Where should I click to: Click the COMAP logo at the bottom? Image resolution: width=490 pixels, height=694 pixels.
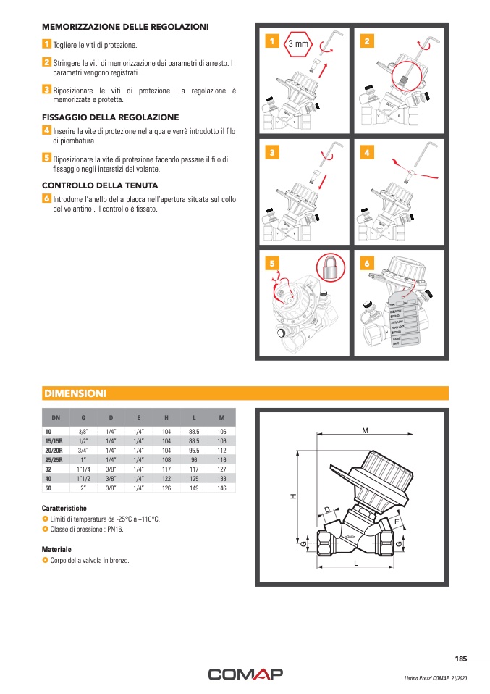click(x=245, y=674)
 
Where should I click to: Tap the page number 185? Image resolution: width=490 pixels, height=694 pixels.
click(x=461, y=659)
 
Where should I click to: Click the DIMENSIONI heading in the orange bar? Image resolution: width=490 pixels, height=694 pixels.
click(x=75, y=393)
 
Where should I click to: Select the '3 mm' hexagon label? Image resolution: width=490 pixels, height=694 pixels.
click(x=298, y=44)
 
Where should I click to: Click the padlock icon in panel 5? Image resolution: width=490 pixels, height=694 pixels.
click(x=330, y=269)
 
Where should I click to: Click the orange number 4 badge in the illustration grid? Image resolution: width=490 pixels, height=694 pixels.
click(x=367, y=154)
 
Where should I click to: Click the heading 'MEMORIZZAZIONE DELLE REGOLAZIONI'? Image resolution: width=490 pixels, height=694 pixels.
click(x=125, y=27)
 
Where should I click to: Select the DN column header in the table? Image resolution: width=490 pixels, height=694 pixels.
click(x=56, y=418)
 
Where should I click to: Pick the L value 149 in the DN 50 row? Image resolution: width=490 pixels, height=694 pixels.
click(x=193, y=488)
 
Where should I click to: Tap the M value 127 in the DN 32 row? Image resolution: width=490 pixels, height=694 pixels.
click(x=221, y=469)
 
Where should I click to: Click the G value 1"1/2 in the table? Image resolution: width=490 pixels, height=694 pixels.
click(x=83, y=478)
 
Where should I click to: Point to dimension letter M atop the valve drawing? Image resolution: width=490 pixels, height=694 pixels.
click(x=365, y=430)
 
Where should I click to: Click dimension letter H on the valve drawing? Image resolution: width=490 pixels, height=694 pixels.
click(x=293, y=496)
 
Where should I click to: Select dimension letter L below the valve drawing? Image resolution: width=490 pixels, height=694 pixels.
click(x=357, y=562)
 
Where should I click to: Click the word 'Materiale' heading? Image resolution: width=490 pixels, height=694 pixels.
click(x=56, y=549)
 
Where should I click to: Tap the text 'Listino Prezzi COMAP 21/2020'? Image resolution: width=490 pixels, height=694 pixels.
click(x=435, y=678)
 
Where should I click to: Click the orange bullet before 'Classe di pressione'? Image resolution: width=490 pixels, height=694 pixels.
click(x=45, y=530)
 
